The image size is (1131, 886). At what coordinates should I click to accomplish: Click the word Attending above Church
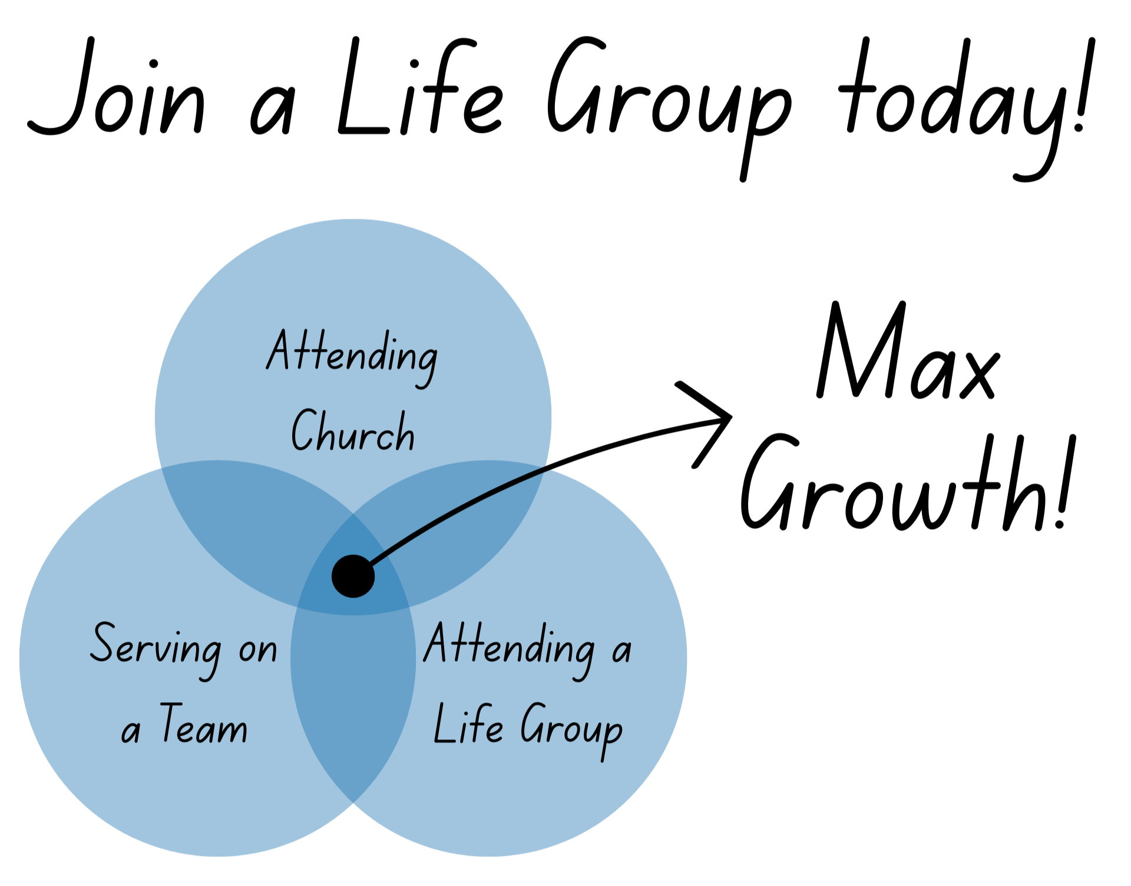click(x=352, y=355)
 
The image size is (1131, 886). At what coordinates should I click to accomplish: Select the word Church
click(x=353, y=432)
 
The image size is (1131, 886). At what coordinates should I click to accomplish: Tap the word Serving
click(x=156, y=648)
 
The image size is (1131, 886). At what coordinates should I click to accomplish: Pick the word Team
click(x=204, y=725)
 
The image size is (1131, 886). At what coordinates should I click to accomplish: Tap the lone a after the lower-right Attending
click(x=621, y=651)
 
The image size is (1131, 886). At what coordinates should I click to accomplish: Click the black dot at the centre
click(x=353, y=576)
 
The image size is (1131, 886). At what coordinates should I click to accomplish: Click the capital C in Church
click(x=305, y=430)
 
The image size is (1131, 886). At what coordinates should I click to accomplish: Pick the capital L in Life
click(x=442, y=724)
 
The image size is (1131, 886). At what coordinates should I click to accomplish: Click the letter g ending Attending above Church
click(x=425, y=362)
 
